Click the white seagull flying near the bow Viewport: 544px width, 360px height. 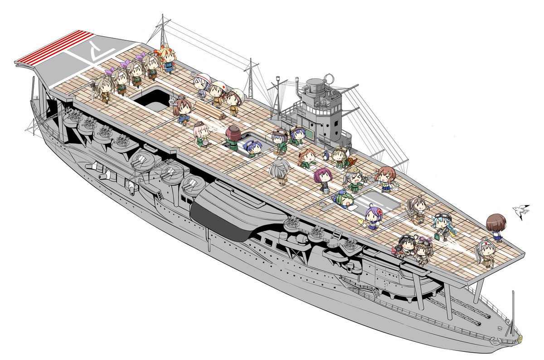pos(521,211)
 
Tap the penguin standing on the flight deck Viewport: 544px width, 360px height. pos(325,156)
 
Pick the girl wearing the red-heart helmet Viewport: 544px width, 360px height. pos(216,94)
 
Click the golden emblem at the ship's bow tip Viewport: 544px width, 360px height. pos(520,338)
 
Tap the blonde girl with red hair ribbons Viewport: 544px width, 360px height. pos(167,58)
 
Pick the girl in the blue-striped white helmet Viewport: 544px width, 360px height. pos(203,86)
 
